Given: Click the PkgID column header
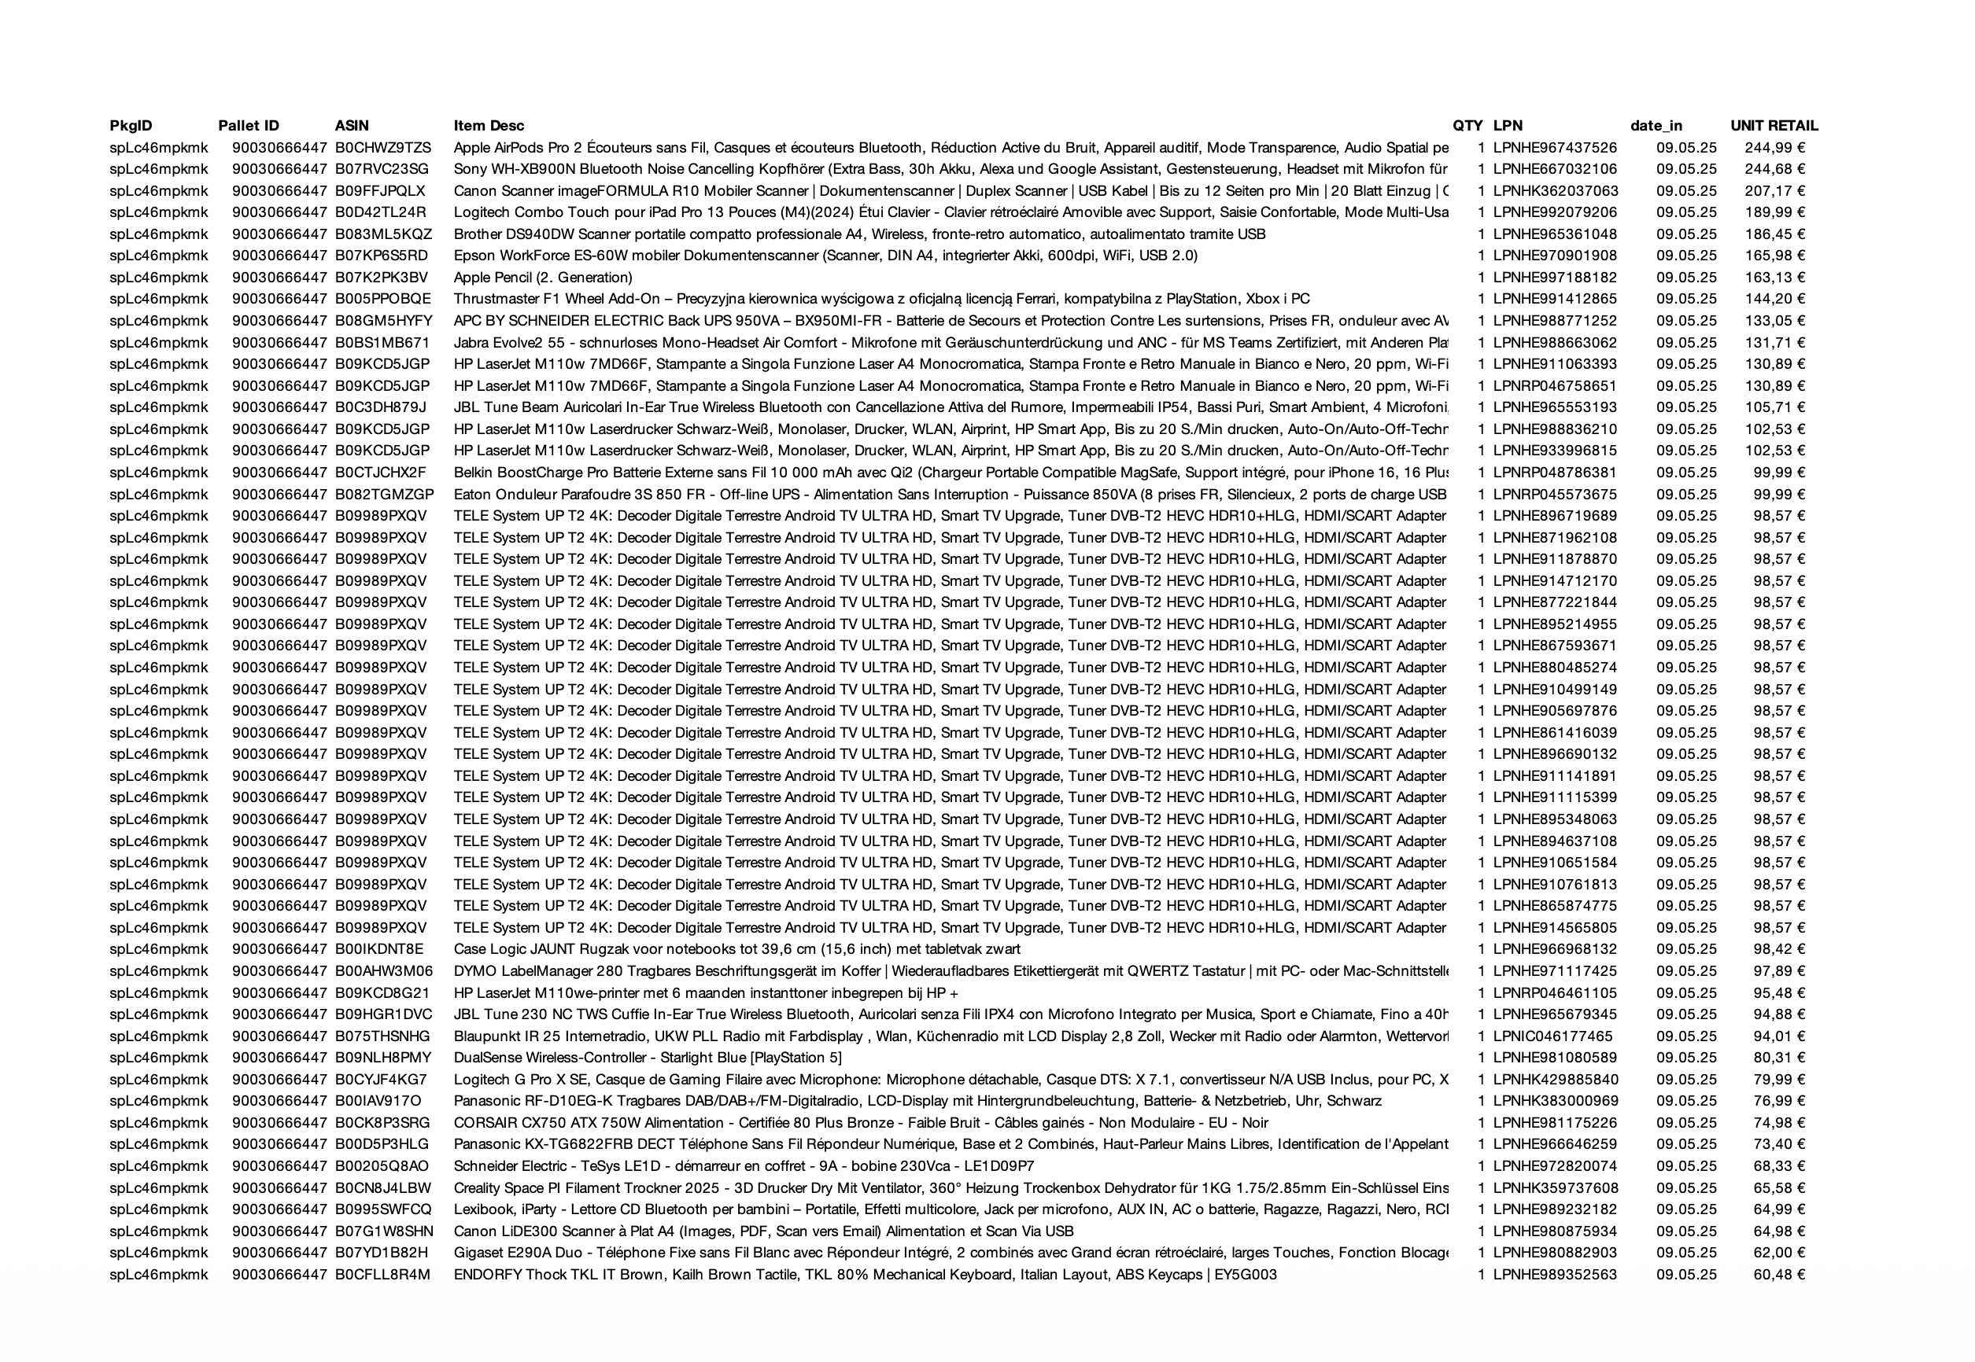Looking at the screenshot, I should pos(131,126).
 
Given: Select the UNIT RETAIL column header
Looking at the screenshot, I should pos(1774,126).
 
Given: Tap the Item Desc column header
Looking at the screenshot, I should pos(489,126).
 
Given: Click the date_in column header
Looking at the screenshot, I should pos(1656,126).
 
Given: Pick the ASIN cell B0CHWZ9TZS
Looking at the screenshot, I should pos(382,148).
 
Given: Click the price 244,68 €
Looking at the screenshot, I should pos(1774,169).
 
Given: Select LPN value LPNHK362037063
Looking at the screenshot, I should pos(1555,191).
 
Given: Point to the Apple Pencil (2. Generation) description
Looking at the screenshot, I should pos(542,278).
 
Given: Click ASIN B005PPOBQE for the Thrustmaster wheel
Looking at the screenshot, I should pos(382,299).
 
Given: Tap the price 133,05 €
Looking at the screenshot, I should pos(1774,321).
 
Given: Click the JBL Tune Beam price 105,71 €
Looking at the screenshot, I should pos(1774,407).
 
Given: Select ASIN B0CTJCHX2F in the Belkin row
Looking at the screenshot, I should pos(380,472).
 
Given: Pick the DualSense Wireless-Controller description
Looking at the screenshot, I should pos(648,1058).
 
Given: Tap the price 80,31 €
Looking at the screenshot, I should pos(1779,1058).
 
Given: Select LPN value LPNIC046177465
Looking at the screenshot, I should pos(1552,1036).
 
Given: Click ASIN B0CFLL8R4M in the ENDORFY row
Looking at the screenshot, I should pos(382,1274).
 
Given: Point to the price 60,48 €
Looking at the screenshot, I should pos(1779,1274).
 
